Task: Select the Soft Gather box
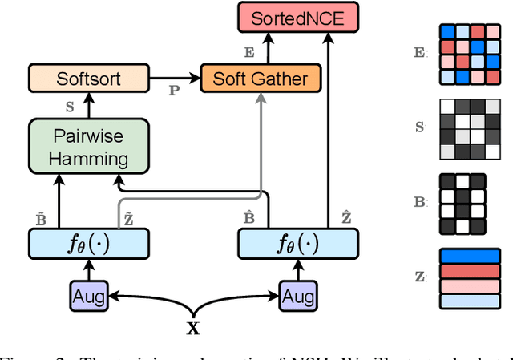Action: [x=261, y=79]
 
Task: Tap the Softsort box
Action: [x=89, y=79]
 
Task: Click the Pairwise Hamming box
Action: [x=89, y=147]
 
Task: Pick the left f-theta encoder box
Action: [x=89, y=243]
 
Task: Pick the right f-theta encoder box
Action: [x=298, y=243]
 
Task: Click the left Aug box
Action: [x=90, y=296]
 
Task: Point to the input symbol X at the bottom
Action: [x=193, y=328]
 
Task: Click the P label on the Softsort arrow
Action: [x=174, y=91]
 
